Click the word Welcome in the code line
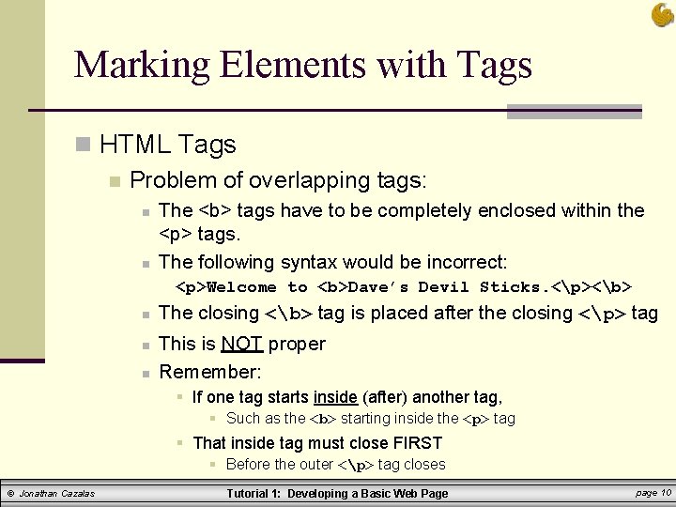[x=241, y=287]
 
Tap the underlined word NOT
[x=241, y=344]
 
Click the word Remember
[x=209, y=372]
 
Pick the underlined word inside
[x=334, y=397]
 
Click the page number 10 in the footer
[x=666, y=492]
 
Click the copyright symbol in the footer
[x=10, y=493]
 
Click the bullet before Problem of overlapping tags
[x=114, y=180]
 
